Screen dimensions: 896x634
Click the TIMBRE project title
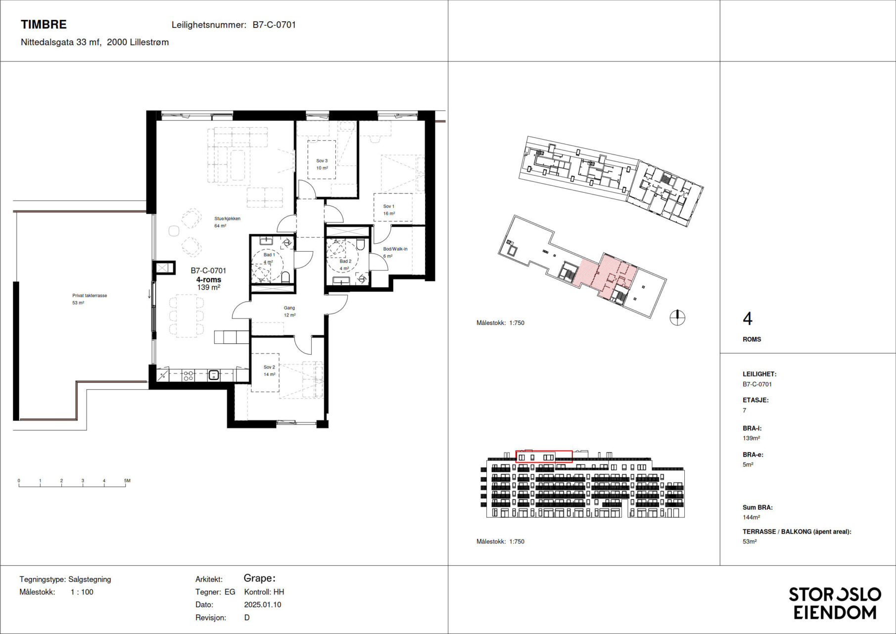pos(44,24)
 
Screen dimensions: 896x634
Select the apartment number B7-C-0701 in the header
pos(274,25)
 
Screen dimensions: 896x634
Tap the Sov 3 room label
pos(322,160)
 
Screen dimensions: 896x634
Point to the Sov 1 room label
pos(389,206)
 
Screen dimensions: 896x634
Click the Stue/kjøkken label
pos(227,218)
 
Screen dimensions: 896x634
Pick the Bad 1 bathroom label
pos(269,255)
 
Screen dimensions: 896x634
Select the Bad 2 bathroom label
pos(345,261)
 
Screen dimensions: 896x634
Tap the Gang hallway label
pos(289,308)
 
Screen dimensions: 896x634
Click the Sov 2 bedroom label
pos(269,367)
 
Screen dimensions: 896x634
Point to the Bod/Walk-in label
pos(395,249)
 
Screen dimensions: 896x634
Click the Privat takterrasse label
pos(90,296)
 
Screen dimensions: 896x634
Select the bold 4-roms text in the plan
pos(209,279)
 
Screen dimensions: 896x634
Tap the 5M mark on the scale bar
pos(127,480)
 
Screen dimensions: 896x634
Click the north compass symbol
pos(677,317)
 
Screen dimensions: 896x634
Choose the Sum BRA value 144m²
pos(751,517)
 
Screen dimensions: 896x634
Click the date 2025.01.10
pos(263,605)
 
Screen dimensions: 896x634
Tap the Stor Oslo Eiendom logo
pos(835,603)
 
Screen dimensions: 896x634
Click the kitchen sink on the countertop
pos(214,375)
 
